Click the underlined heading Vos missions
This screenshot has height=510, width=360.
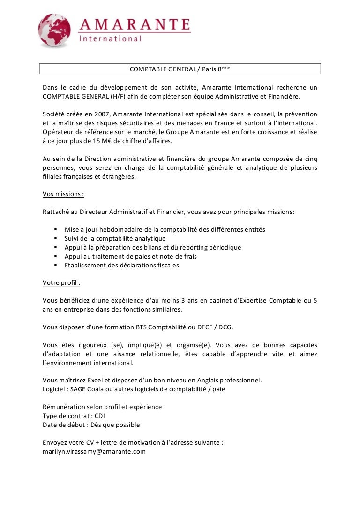(x=63, y=194)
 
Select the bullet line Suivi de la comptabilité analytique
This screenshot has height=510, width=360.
(x=115, y=238)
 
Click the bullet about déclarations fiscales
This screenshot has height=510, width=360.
(x=122, y=265)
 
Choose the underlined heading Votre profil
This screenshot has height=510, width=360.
(x=61, y=282)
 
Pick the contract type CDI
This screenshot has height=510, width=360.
(x=100, y=416)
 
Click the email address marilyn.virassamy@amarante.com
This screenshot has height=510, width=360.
(x=94, y=451)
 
